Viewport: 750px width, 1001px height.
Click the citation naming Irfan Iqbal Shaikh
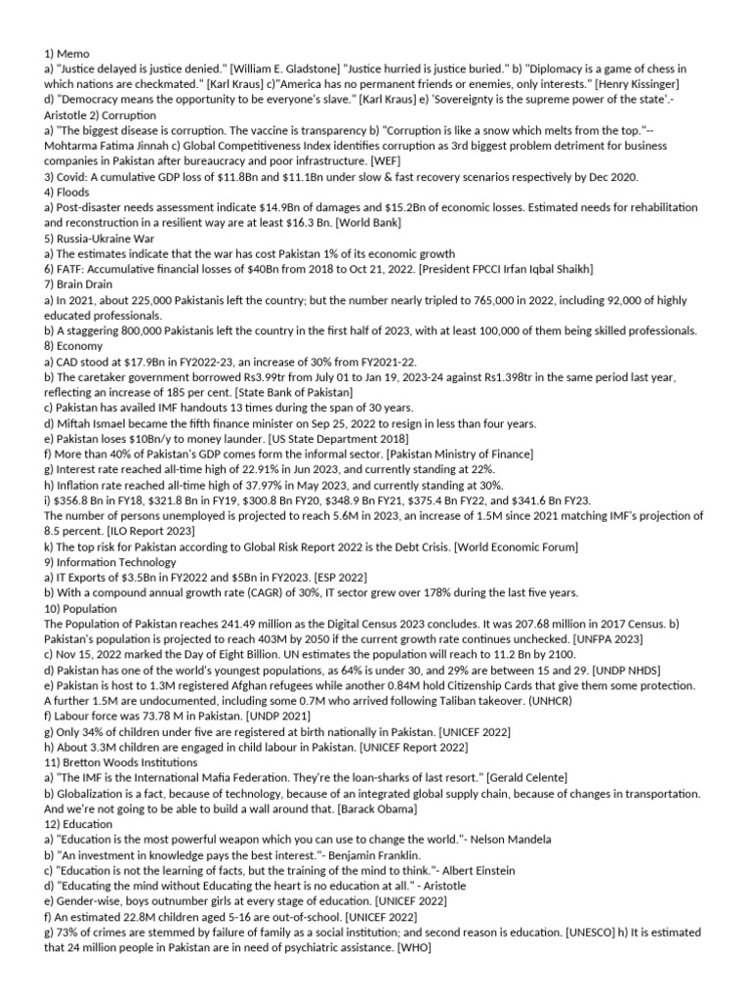click(x=498, y=269)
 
